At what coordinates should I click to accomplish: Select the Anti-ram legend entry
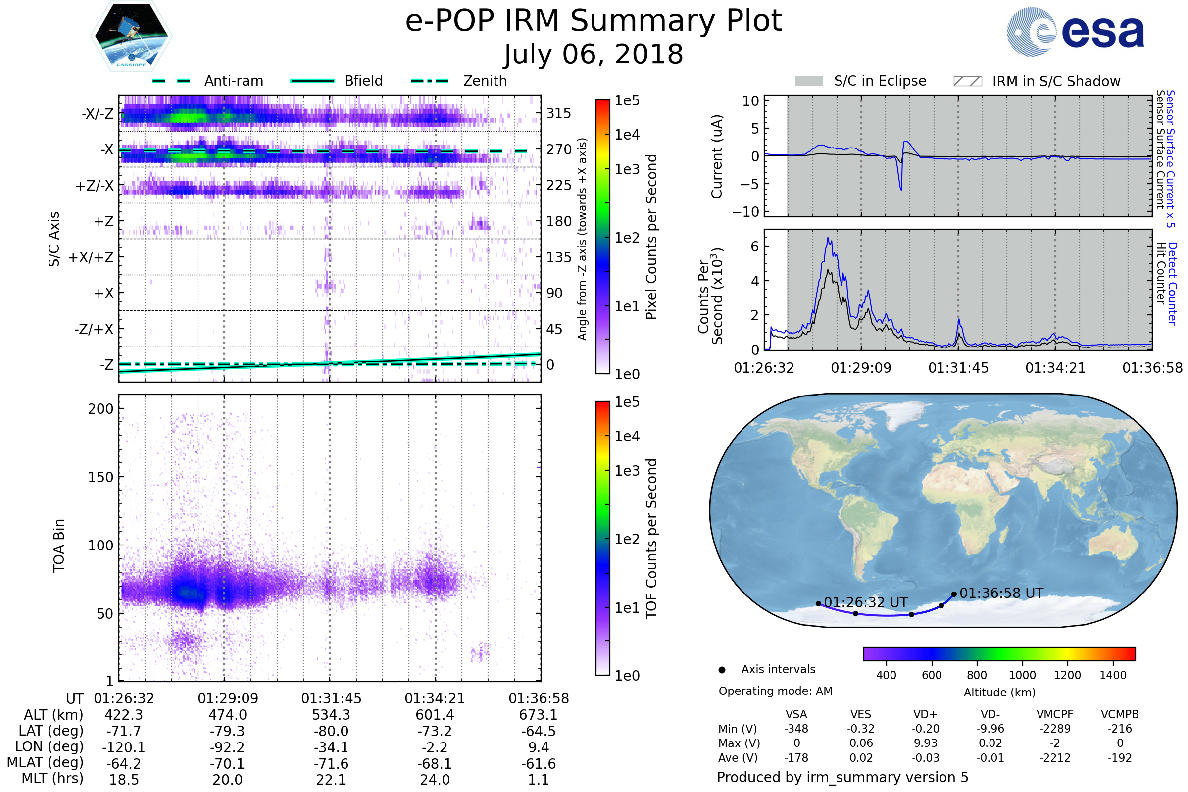pyautogui.click(x=233, y=81)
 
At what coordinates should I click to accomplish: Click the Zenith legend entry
pyautogui.click(x=485, y=81)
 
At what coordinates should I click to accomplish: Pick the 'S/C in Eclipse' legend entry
pyautogui.click(x=880, y=81)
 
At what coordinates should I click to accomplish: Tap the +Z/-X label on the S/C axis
pyautogui.click(x=95, y=186)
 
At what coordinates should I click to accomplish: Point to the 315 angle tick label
pyautogui.click(x=559, y=113)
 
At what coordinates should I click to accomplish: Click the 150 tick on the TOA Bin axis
pyautogui.click(x=100, y=477)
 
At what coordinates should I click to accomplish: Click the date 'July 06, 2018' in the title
pyautogui.click(x=594, y=54)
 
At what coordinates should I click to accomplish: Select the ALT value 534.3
pyautogui.click(x=331, y=715)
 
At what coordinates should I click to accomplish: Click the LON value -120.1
pyautogui.click(x=124, y=747)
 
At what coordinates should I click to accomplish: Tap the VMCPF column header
pyautogui.click(x=1055, y=715)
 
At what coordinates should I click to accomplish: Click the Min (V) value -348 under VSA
pyautogui.click(x=796, y=729)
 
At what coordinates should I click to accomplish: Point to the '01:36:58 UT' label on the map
pyautogui.click(x=1001, y=593)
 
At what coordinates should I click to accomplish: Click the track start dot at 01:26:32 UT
pyautogui.click(x=818, y=603)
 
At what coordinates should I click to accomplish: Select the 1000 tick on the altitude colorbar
pyautogui.click(x=1022, y=675)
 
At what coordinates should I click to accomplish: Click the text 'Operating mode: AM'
pyautogui.click(x=775, y=691)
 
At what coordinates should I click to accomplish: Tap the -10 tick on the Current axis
pyautogui.click(x=746, y=212)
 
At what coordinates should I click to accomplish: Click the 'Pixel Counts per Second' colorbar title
pyautogui.click(x=651, y=237)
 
